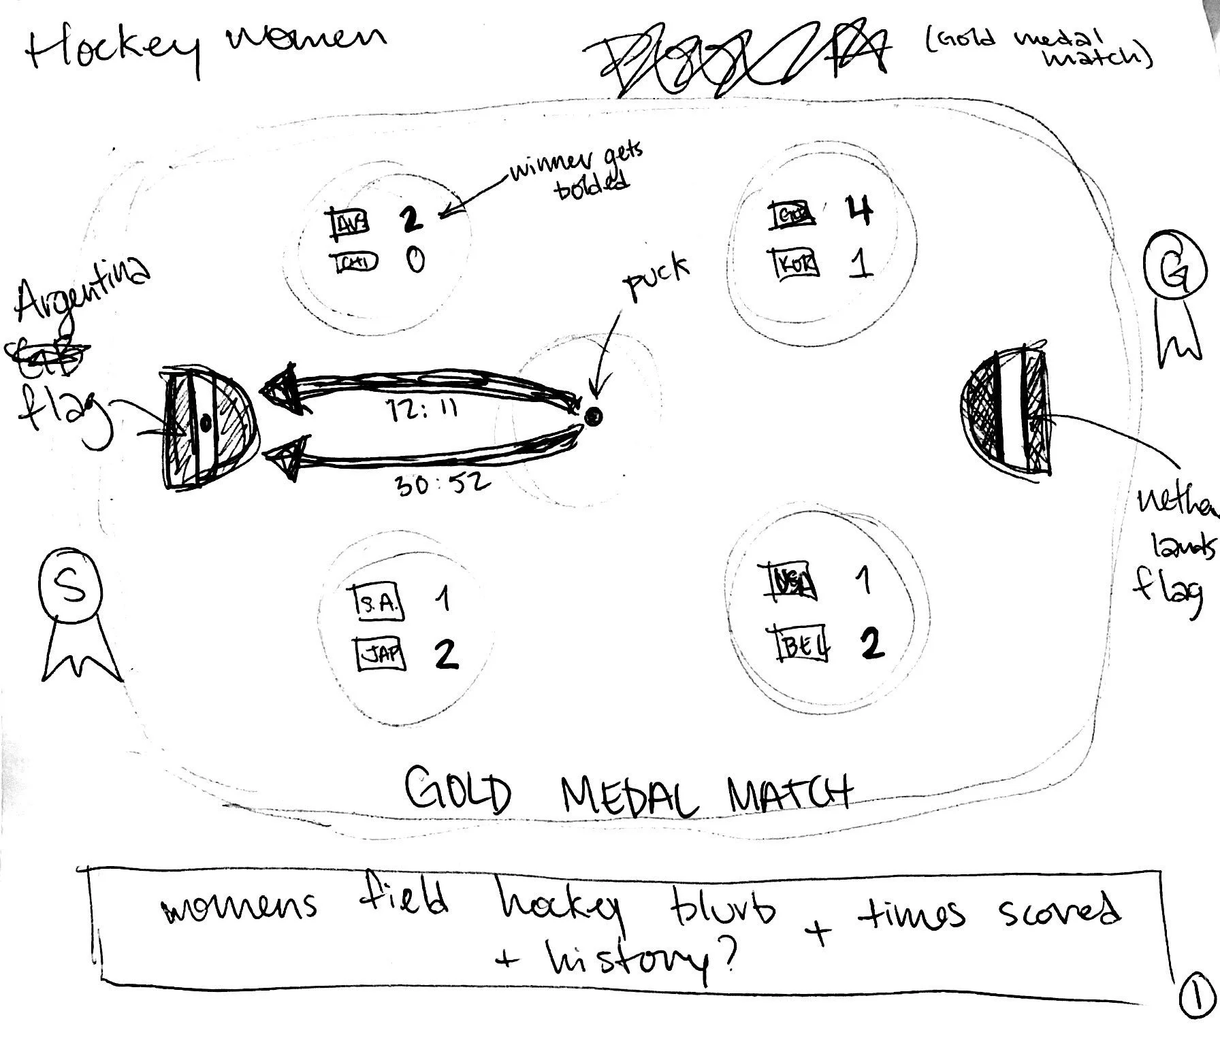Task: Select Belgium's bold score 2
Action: tap(871, 643)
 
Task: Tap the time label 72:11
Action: tap(422, 410)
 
